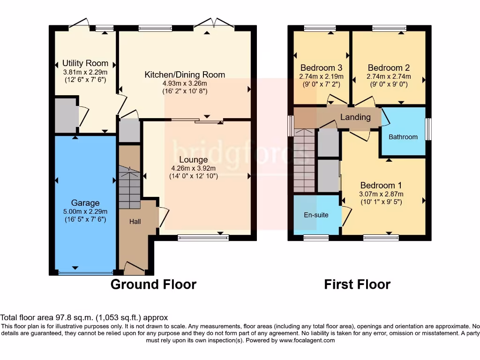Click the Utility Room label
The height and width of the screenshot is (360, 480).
tap(85, 63)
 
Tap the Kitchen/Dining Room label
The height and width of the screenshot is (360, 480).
tap(185, 75)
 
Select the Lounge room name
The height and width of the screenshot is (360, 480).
tap(193, 159)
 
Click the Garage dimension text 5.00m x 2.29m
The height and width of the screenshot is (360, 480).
tap(85, 211)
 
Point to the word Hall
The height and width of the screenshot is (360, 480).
tap(135, 221)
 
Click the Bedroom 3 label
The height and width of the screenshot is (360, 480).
tap(321, 67)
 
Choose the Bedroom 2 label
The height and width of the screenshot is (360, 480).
tap(389, 67)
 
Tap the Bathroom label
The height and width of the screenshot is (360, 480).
tap(403, 137)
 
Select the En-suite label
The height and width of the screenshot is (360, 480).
tap(316, 215)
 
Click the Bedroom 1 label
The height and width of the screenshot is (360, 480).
tap(381, 185)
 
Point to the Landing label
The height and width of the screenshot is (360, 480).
tap(355, 117)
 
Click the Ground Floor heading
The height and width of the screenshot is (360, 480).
tap(153, 285)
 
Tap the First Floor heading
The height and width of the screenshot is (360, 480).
tap(357, 285)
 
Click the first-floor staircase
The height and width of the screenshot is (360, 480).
tap(304, 160)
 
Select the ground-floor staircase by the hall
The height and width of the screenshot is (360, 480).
tap(129, 187)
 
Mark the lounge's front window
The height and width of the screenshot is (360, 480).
tap(203, 238)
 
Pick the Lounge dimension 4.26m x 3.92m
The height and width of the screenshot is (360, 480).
tap(193, 168)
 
